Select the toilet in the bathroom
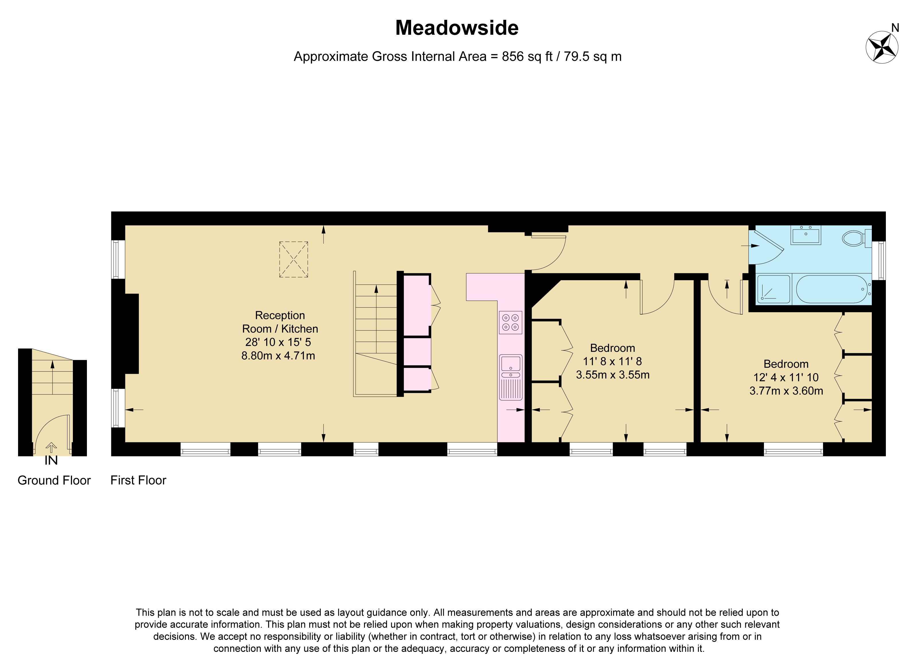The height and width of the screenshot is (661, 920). point(853,239)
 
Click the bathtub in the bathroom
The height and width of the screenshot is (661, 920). point(832,289)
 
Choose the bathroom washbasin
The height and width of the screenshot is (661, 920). point(806,236)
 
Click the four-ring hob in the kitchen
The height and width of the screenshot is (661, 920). point(510,323)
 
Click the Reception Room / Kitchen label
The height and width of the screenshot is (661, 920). point(280,322)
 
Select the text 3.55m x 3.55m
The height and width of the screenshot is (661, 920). point(612,375)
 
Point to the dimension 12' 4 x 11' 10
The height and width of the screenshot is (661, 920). point(786,377)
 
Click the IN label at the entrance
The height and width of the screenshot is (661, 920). point(51,461)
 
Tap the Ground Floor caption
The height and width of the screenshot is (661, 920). point(54,480)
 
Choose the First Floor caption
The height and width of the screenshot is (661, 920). point(138,480)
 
